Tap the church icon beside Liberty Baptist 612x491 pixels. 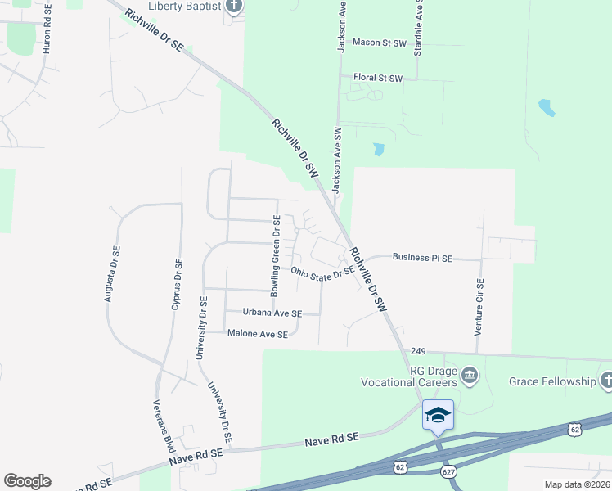(x=234, y=7)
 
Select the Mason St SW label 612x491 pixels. (x=379, y=42)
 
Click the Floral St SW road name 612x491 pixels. (x=378, y=79)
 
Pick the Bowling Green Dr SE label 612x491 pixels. (x=277, y=255)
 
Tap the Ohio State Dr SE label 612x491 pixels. (x=322, y=273)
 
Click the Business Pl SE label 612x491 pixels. (x=422, y=258)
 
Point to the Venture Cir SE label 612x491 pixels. (x=480, y=307)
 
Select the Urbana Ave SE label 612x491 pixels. (x=272, y=313)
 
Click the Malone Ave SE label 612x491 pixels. (x=258, y=334)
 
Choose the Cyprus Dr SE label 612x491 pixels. (x=175, y=284)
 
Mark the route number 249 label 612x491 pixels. (x=419, y=350)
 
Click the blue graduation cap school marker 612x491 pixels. (x=438, y=414)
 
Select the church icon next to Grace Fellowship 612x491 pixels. (x=606, y=381)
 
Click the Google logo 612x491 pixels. (x=27, y=481)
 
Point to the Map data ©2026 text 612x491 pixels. (x=577, y=484)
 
